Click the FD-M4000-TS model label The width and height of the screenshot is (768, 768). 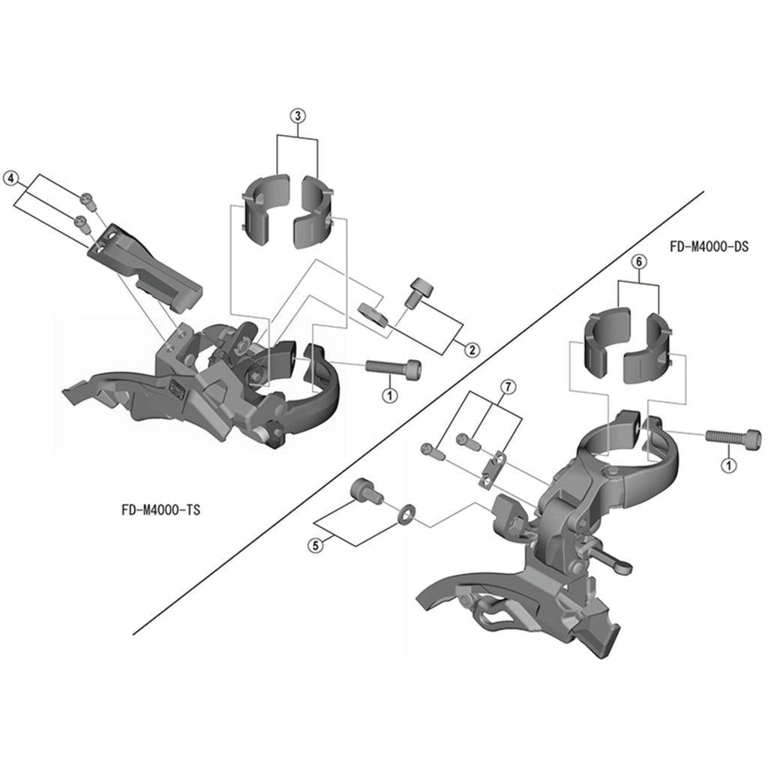tap(160, 510)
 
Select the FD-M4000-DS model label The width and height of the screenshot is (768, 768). tap(709, 246)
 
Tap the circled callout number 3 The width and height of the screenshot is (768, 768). tap(298, 116)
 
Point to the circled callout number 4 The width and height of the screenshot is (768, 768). tap(10, 178)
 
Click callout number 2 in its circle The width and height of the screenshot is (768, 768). tap(472, 349)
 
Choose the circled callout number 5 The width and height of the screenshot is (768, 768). tap(316, 544)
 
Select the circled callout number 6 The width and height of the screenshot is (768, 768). tap(639, 262)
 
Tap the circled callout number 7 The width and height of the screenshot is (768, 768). tap(508, 387)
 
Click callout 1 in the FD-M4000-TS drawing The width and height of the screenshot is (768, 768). tap(390, 394)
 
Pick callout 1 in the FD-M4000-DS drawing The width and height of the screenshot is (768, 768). tap(729, 465)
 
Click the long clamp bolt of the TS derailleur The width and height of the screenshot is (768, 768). tap(393, 367)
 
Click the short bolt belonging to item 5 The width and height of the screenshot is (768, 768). tap(367, 492)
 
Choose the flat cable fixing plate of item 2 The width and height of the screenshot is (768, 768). tap(373, 315)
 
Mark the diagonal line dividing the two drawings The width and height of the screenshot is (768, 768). tap(418, 413)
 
